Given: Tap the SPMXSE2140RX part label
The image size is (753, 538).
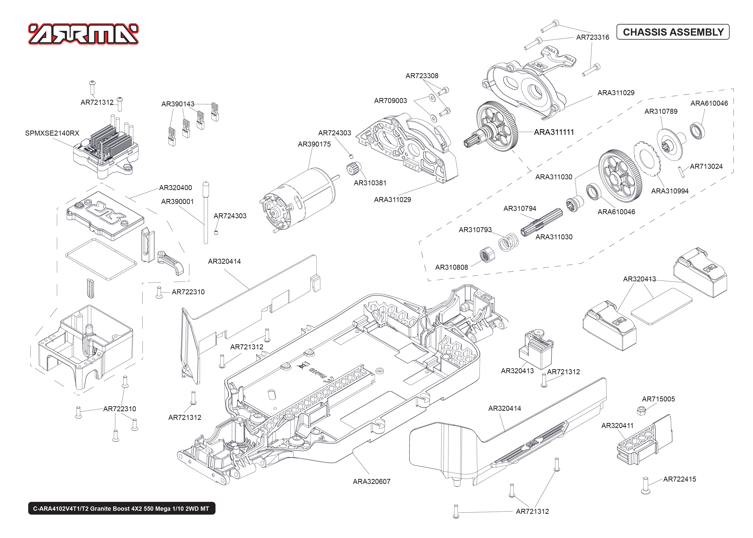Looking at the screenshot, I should (x=52, y=133).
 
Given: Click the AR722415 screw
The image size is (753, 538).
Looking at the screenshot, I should (x=645, y=486).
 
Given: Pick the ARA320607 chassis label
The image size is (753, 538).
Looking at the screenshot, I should (x=371, y=482).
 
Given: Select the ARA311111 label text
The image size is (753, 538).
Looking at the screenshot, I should (x=554, y=132).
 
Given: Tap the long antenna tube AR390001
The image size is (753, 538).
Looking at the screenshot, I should (x=206, y=212).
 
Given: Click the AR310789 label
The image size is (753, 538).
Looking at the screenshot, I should (x=661, y=112).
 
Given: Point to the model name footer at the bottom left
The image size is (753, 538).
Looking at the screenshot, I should (x=121, y=509).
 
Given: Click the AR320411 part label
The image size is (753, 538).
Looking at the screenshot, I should (x=617, y=426).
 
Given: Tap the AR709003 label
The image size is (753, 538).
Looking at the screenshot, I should (x=390, y=101).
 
